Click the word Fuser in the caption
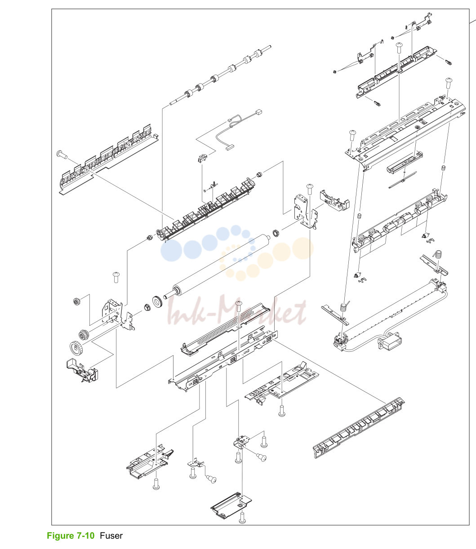[111, 536]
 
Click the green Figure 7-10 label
[71, 536]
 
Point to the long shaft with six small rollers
[220, 76]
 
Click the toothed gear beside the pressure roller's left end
[158, 301]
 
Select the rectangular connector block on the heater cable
[389, 342]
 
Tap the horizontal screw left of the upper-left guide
[62, 154]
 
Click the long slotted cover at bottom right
[359, 428]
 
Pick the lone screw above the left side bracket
[116, 277]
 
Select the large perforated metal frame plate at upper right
[405, 133]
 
